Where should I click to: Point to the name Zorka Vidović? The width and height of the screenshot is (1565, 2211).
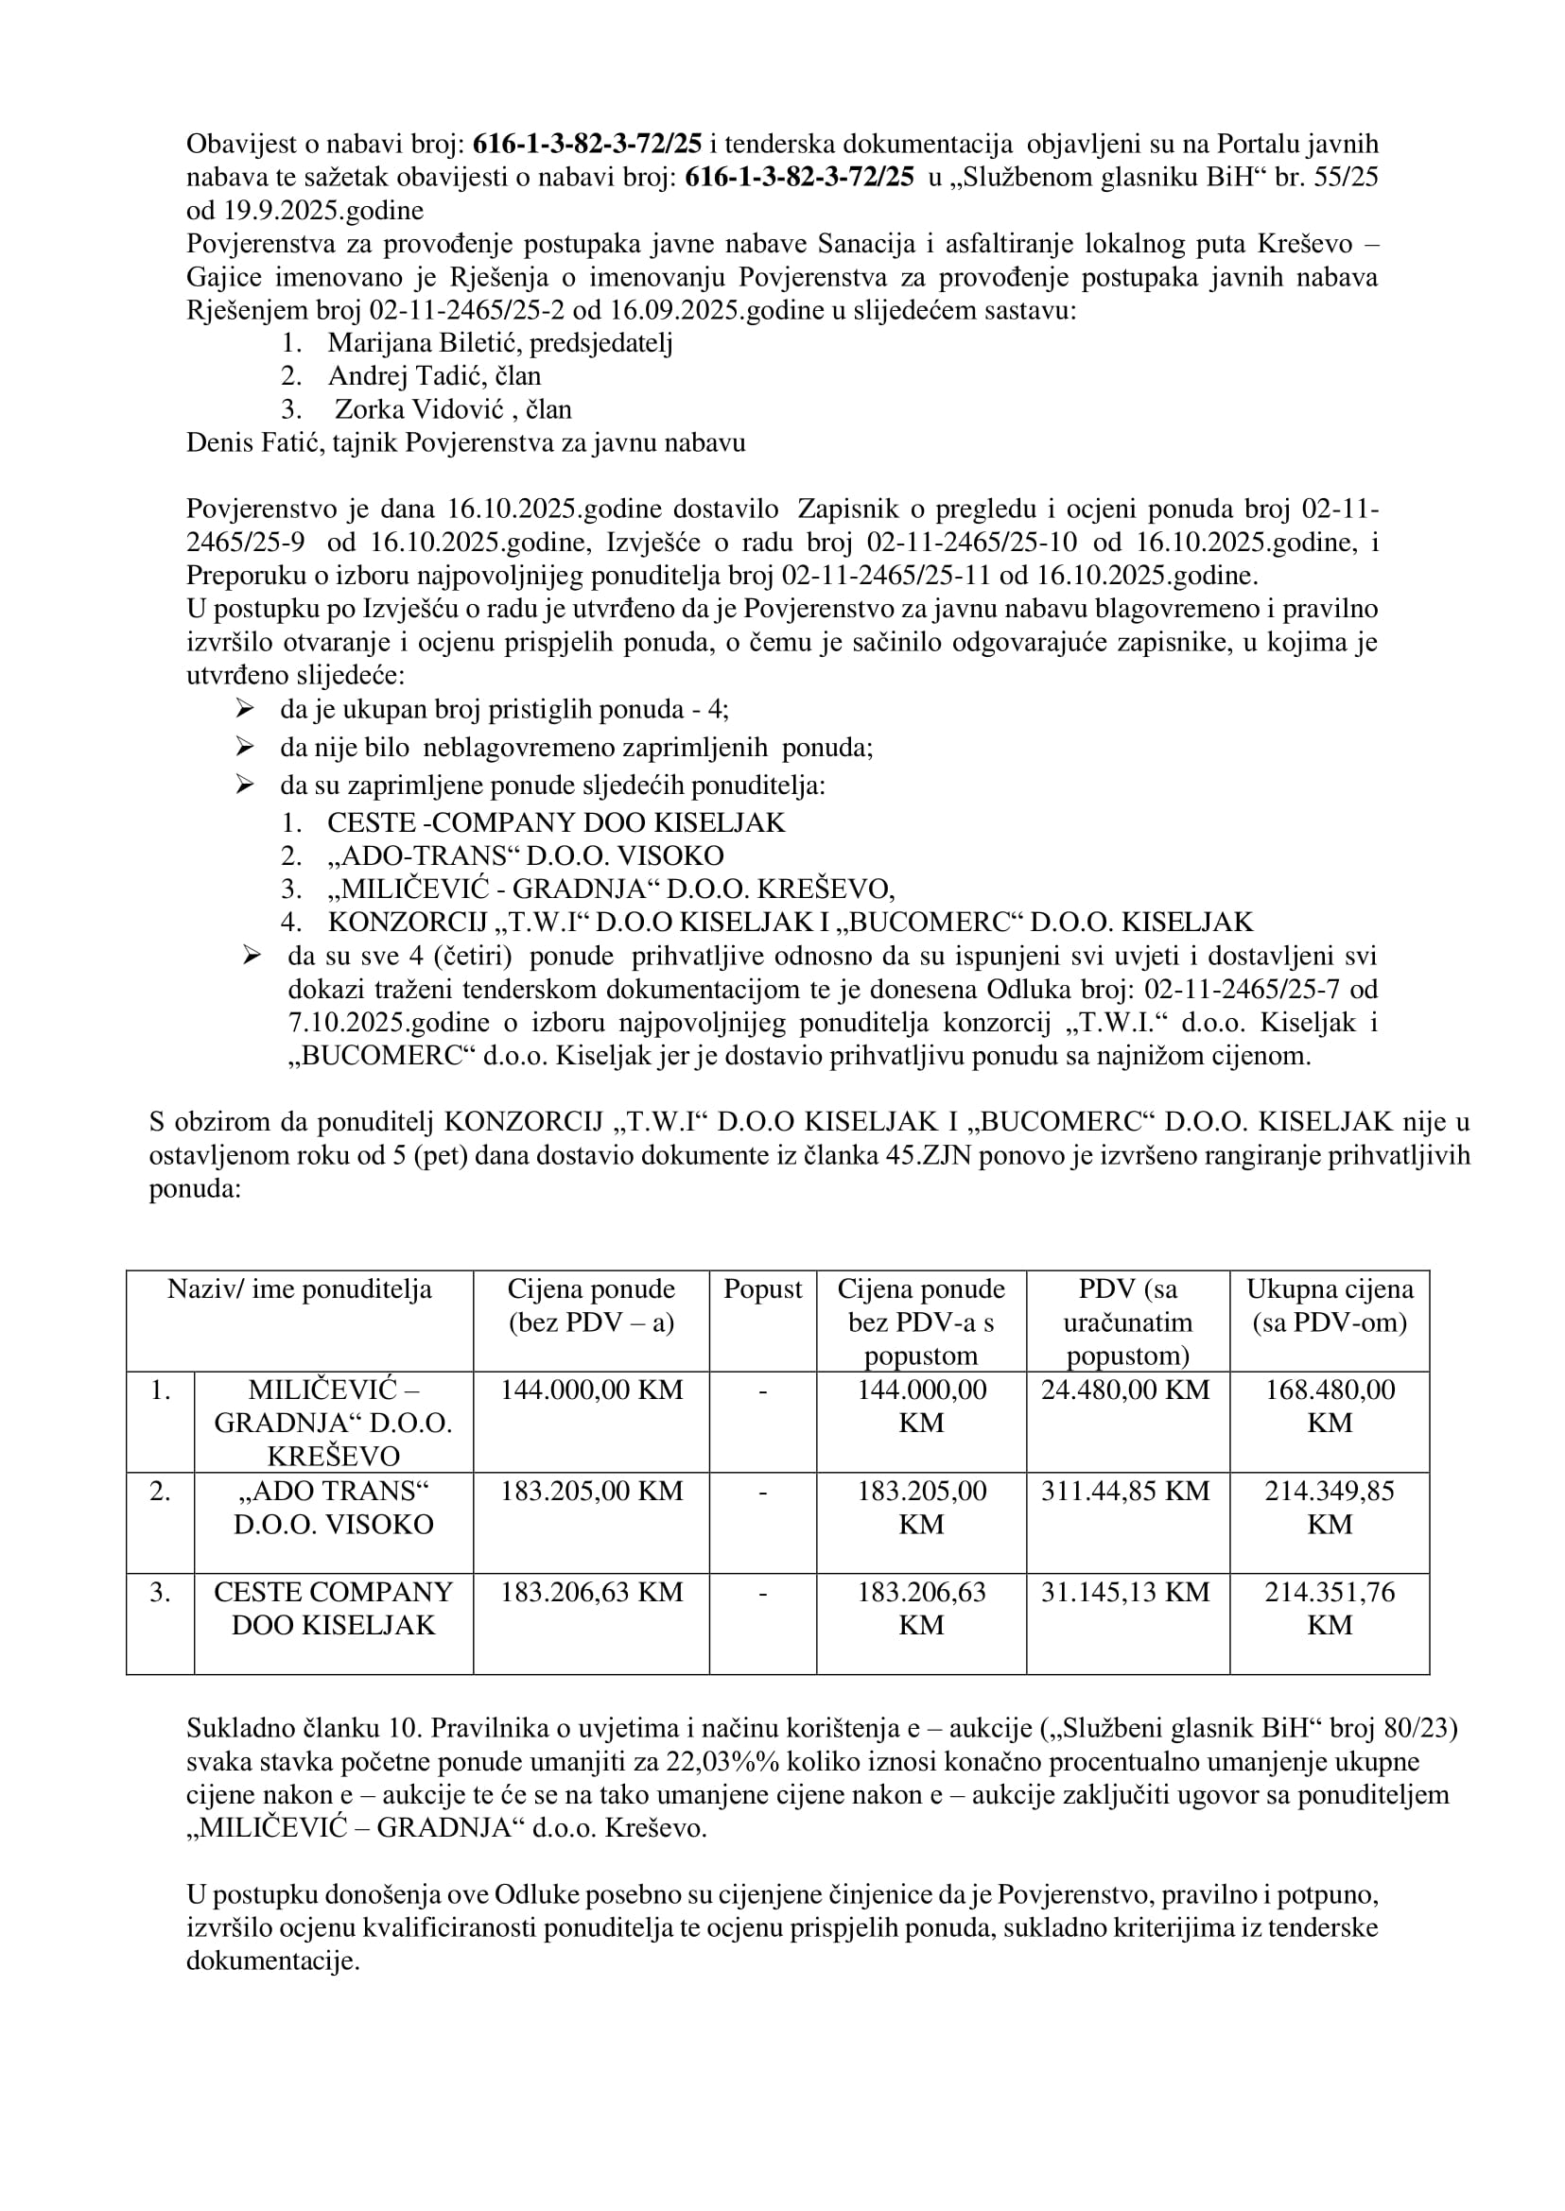pos(419,409)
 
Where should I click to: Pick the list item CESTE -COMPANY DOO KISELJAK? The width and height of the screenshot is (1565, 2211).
pos(556,822)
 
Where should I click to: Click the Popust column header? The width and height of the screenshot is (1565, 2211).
pos(762,1290)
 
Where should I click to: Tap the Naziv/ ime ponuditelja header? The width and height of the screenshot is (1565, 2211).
pos(300,1290)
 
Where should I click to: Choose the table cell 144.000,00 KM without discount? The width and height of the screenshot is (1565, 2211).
pos(591,1391)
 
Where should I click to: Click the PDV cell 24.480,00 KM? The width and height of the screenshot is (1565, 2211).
pos(1124,1391)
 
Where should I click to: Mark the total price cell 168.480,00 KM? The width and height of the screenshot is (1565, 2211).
pos(1329,1407)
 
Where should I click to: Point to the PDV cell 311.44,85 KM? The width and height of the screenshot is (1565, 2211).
pos(1124,1492)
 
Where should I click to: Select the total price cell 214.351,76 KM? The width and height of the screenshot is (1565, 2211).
pos(1329,1608)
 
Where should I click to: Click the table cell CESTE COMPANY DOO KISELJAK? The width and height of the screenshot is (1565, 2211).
pos(334,1608)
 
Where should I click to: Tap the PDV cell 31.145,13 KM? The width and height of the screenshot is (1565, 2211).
pos(1124,1593)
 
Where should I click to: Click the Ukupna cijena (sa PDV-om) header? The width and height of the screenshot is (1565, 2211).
pos(1329,1306)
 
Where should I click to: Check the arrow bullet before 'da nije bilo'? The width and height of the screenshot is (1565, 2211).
pos(245,747)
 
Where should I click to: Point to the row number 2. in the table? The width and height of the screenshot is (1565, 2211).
pos(160,1492)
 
